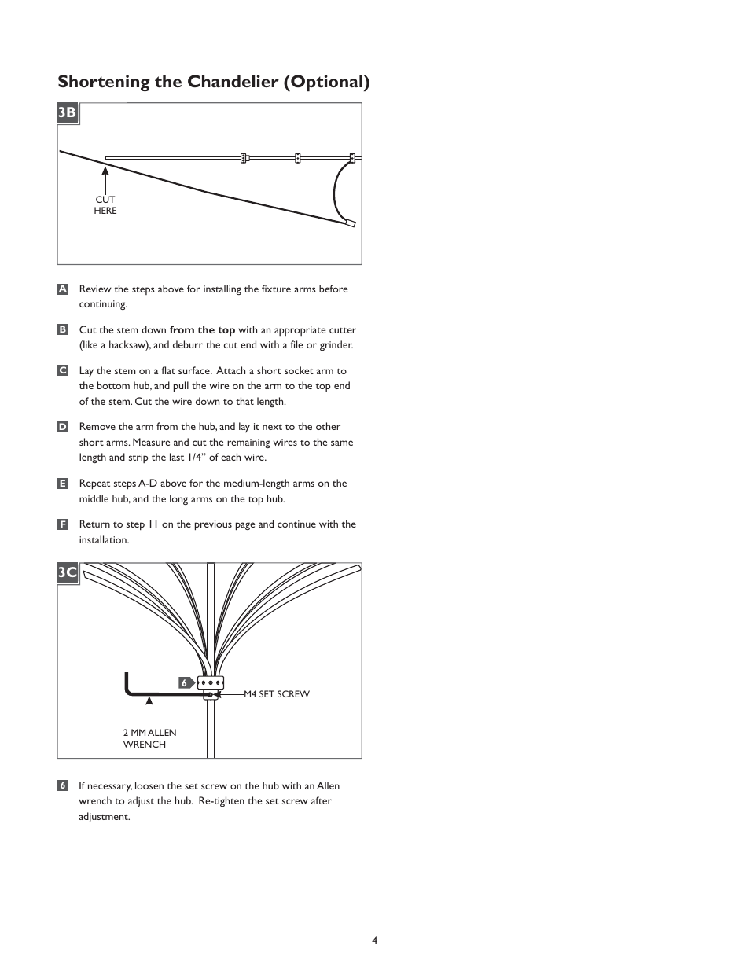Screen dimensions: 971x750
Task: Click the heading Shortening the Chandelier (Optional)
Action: pos(213,82)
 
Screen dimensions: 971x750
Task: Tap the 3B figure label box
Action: pos(68,113)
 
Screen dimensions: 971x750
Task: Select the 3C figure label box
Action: pos(68,572)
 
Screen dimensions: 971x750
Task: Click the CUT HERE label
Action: pos(105,205)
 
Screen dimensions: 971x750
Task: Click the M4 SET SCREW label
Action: pos(276,694)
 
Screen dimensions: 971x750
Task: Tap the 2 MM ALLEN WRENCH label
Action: pos(149,738)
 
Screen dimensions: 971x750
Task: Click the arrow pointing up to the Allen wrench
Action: pos(148,711)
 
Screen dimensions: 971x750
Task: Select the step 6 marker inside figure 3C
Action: pos(186,683)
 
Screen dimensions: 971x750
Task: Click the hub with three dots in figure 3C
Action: pos(211,682)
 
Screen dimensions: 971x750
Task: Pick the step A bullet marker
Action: pos(63,289)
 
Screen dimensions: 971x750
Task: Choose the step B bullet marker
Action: pos(63,330)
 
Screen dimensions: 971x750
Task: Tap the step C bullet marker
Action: pos(63,370)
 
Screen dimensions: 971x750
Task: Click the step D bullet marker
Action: pos(63,427)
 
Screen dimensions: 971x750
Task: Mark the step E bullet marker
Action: pos(63,484)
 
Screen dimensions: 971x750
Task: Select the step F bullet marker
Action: pos(63,524)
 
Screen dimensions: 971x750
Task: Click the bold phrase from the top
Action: pos(202,330)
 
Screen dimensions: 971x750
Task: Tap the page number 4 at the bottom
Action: pos(375,940)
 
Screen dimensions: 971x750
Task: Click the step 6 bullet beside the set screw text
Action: pos(63,785)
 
